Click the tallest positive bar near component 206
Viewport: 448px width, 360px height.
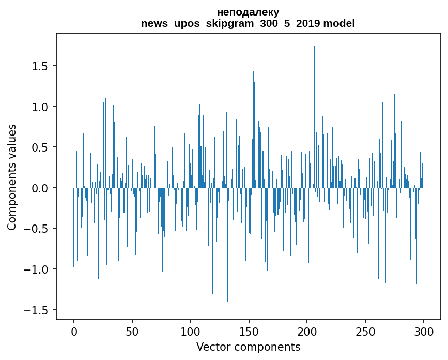314,117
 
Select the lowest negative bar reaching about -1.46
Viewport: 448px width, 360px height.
207,247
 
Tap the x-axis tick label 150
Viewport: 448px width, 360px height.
249,332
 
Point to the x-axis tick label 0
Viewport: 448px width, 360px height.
74,332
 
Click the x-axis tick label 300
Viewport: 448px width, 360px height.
423,332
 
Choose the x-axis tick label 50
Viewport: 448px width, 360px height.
132,332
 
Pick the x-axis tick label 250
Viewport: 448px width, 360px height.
365,332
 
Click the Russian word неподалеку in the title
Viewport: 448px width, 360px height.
248,12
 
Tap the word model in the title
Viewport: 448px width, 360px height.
339,23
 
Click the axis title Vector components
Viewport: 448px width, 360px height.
248,347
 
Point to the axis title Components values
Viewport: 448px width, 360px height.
12,177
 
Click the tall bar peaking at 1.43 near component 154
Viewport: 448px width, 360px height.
254,129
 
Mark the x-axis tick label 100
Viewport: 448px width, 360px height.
190,332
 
